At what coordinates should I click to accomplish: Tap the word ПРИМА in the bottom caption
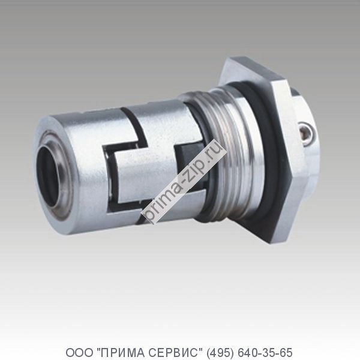[x=117, y=350]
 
